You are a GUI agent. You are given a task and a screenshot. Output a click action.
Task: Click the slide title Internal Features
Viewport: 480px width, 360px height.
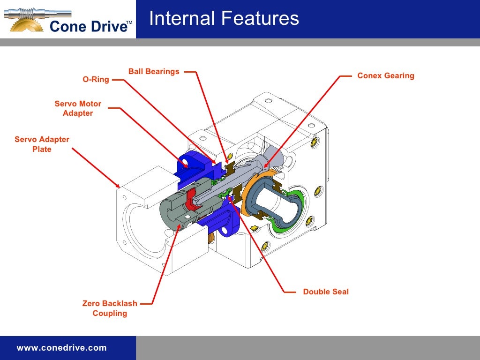pyautogui.click(x=224, y=19)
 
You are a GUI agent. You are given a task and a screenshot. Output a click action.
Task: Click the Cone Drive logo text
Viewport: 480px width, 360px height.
pyautogui.click(x=88, y=26)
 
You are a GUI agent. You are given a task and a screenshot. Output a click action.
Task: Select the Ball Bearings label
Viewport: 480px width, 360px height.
pyautogui.click(x=154, y=72)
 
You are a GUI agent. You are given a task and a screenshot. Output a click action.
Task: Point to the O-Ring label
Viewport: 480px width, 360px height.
pyautogui.click(x=96, y=80)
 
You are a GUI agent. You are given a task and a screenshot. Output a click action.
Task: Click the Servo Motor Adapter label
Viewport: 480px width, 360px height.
pyautogui.click(x=78, y=108)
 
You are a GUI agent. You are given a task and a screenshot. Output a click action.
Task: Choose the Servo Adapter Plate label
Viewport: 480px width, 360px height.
pyautogui.click(x=42, y=144)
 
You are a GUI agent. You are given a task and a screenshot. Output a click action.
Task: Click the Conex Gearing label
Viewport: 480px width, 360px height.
pyautogui.click(x=386, y=75)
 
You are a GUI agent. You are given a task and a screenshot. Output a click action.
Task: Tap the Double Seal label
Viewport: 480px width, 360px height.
pyautogui.click(x=326, y=292)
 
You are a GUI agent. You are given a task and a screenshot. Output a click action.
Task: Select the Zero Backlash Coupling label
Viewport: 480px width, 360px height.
pyautogui.click(x=110, y=308)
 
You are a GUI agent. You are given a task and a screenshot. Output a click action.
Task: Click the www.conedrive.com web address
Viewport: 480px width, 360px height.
pyautogui.click(x=61, y=348)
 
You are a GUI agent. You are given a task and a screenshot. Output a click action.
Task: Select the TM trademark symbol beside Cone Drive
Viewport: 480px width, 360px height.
pyautogui.click(x=129, y=22)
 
